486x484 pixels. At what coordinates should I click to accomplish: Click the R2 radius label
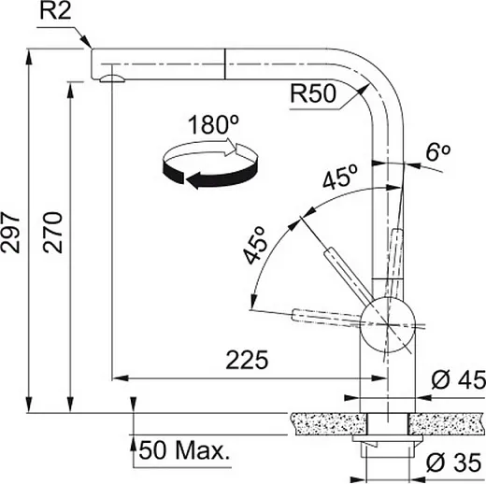point(55,12)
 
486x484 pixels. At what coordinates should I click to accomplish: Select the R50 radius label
point(313,93)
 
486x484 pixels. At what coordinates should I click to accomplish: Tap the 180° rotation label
point(214,124)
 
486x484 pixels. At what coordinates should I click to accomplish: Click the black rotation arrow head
point(193,180)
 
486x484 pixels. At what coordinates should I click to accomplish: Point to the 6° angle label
point(438,152)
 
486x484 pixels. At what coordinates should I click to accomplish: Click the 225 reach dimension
point(247,360)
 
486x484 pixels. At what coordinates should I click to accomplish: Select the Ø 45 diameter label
point(459,379)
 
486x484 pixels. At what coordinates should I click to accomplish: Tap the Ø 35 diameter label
point(454,463)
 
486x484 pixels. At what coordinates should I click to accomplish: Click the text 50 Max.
point(184,450)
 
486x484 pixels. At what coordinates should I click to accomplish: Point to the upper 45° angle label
point(340,177)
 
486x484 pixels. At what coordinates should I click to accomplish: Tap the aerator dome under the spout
point(112,78)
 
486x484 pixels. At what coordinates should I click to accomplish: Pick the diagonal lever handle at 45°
point(349,276)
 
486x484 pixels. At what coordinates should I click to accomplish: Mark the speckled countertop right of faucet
point(447,423)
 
